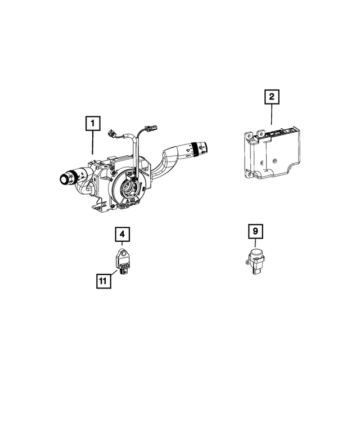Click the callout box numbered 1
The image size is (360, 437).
point(92,123)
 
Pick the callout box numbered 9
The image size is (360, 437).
point(255,231)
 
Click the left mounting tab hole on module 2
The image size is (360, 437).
point(247,136)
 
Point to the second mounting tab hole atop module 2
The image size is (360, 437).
point(260,134)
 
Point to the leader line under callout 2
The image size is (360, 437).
point(271,116)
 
